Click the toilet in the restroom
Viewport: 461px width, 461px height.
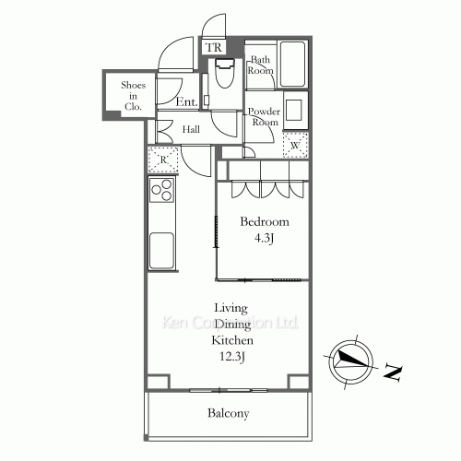pyautogui.click(x=225, y=73)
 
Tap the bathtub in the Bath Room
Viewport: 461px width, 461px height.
pyautogui.click(x=292, y=65)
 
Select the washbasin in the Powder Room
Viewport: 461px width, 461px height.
pyautogui.click(x=293, y=110)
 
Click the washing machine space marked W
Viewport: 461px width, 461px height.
pyautogui.click(x=295, y=145)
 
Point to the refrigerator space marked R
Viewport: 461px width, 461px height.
pyautogui.click(x=163, y=160)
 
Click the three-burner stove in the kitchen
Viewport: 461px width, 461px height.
pyautogui.click(x=162, y=190)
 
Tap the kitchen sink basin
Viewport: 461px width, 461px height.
pyautogui.click(x=161, y=250)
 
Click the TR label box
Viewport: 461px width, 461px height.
pyautogui.click(x=214, y=47)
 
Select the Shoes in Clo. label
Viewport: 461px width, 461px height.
pyautogui.click(x=133, y=96)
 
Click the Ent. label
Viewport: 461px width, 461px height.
pyautogui.click(x=186, y=102)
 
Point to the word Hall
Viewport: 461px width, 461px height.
pyautogui.click(x=191, y=129)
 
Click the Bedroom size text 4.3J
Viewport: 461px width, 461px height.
pyautogui.click(x=264, y=238)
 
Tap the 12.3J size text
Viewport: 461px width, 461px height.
pyautogui.click(x=232, y=357)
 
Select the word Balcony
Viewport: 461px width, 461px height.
pyautogui.click(x=229, y=413)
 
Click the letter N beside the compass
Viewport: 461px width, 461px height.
pyautogui.click(x=393, y=372)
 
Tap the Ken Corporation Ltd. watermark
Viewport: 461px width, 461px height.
pyautogui.click(x=230, y=323)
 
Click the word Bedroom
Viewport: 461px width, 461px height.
pyautogui.click(x=265, y=221)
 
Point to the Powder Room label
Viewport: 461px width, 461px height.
pyautogui.click(x=265, y=117)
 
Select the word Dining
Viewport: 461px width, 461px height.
pyautogui.click(x=232, y=325)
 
